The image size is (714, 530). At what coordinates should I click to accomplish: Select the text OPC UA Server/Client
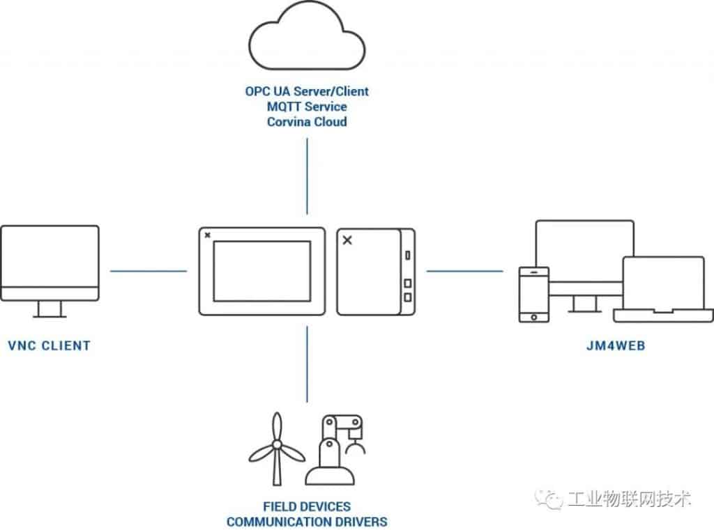(x=307, y=91)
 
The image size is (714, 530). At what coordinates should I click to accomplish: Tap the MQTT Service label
(x=307, y=107)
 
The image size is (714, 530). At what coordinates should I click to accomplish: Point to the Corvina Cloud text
(x=307, y=122)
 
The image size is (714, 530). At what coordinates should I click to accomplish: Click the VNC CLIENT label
(x=49, y=345)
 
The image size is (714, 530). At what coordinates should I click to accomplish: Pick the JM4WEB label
(x=614, y=345)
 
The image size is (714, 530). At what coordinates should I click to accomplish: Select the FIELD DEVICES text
(x=307, y=506)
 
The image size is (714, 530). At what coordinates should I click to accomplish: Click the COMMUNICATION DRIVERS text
(x=307, y=521)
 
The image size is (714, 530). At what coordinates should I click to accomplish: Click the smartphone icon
(x=534, y=295)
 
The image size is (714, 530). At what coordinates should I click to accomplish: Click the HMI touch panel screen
(x=261, y=271)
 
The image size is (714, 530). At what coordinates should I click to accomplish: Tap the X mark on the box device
(x=348, y=240)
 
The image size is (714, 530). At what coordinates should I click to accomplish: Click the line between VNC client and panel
(x=149, y=271)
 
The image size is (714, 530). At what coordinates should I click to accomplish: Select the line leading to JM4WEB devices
(x=464, y=271)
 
